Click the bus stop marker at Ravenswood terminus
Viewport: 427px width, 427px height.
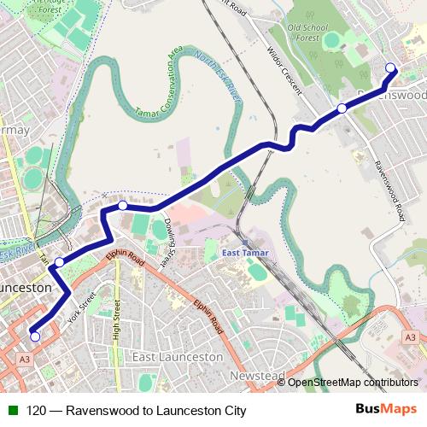pos(391,68)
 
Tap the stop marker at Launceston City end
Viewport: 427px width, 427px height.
pos(35,336)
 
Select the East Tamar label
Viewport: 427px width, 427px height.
pos(245,253)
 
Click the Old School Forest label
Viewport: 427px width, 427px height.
pos(307,32)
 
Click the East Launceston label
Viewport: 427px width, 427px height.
pos(178,356)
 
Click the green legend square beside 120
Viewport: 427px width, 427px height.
pos(10,410)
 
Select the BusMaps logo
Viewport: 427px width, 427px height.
pos(387,410)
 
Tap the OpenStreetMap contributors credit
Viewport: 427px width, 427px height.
pos(352,383)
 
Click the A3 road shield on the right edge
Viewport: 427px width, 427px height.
pos(411,338)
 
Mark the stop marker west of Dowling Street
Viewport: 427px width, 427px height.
pos(123,205)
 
